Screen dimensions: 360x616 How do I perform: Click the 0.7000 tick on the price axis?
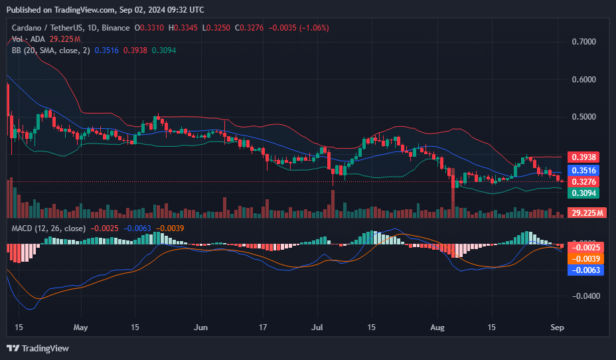585,42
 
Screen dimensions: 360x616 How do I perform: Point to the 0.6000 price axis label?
585,80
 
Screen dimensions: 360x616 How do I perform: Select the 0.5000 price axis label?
585,118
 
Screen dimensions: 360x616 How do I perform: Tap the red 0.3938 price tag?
585,157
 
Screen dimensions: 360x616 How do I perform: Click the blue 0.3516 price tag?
585,171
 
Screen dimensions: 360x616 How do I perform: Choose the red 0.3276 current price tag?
585,181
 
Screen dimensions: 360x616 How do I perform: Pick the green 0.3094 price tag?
585,193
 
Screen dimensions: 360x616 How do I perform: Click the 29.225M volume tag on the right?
588,213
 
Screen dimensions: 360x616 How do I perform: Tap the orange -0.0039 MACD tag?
585,258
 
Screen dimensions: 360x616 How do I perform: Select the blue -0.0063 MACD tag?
585,270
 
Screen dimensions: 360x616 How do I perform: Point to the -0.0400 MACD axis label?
584,296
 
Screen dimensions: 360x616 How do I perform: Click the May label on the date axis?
80,327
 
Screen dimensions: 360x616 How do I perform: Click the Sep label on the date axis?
558,327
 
